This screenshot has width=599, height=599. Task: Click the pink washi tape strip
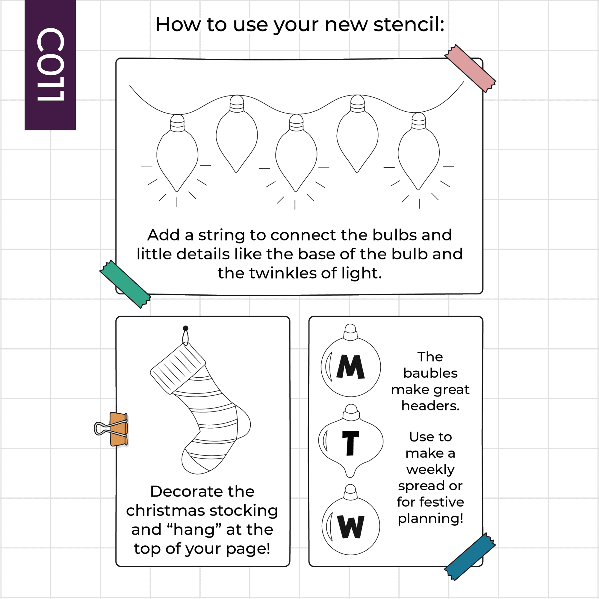click(x=470, y=69)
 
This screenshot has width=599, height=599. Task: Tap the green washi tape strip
click(x=125, y=284)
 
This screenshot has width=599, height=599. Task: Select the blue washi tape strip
click(x=470, y=556)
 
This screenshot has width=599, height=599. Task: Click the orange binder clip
click(x=112, y=429)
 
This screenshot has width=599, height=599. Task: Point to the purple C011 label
click(x=50, y=65)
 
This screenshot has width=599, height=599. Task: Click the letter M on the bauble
click(x=350, y=367)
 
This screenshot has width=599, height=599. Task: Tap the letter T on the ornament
click(x=351, y=443)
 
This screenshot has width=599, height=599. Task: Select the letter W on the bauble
click(x=351, y=527)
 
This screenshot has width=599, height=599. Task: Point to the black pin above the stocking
click(x=185, y=328)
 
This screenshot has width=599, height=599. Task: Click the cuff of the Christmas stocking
click(x=178, y=369)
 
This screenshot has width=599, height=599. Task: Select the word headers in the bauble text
click(x=430, y=406)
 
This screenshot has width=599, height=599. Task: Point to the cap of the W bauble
click(x=351, y=492)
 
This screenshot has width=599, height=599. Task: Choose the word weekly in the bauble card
click(x=430, y=470)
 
